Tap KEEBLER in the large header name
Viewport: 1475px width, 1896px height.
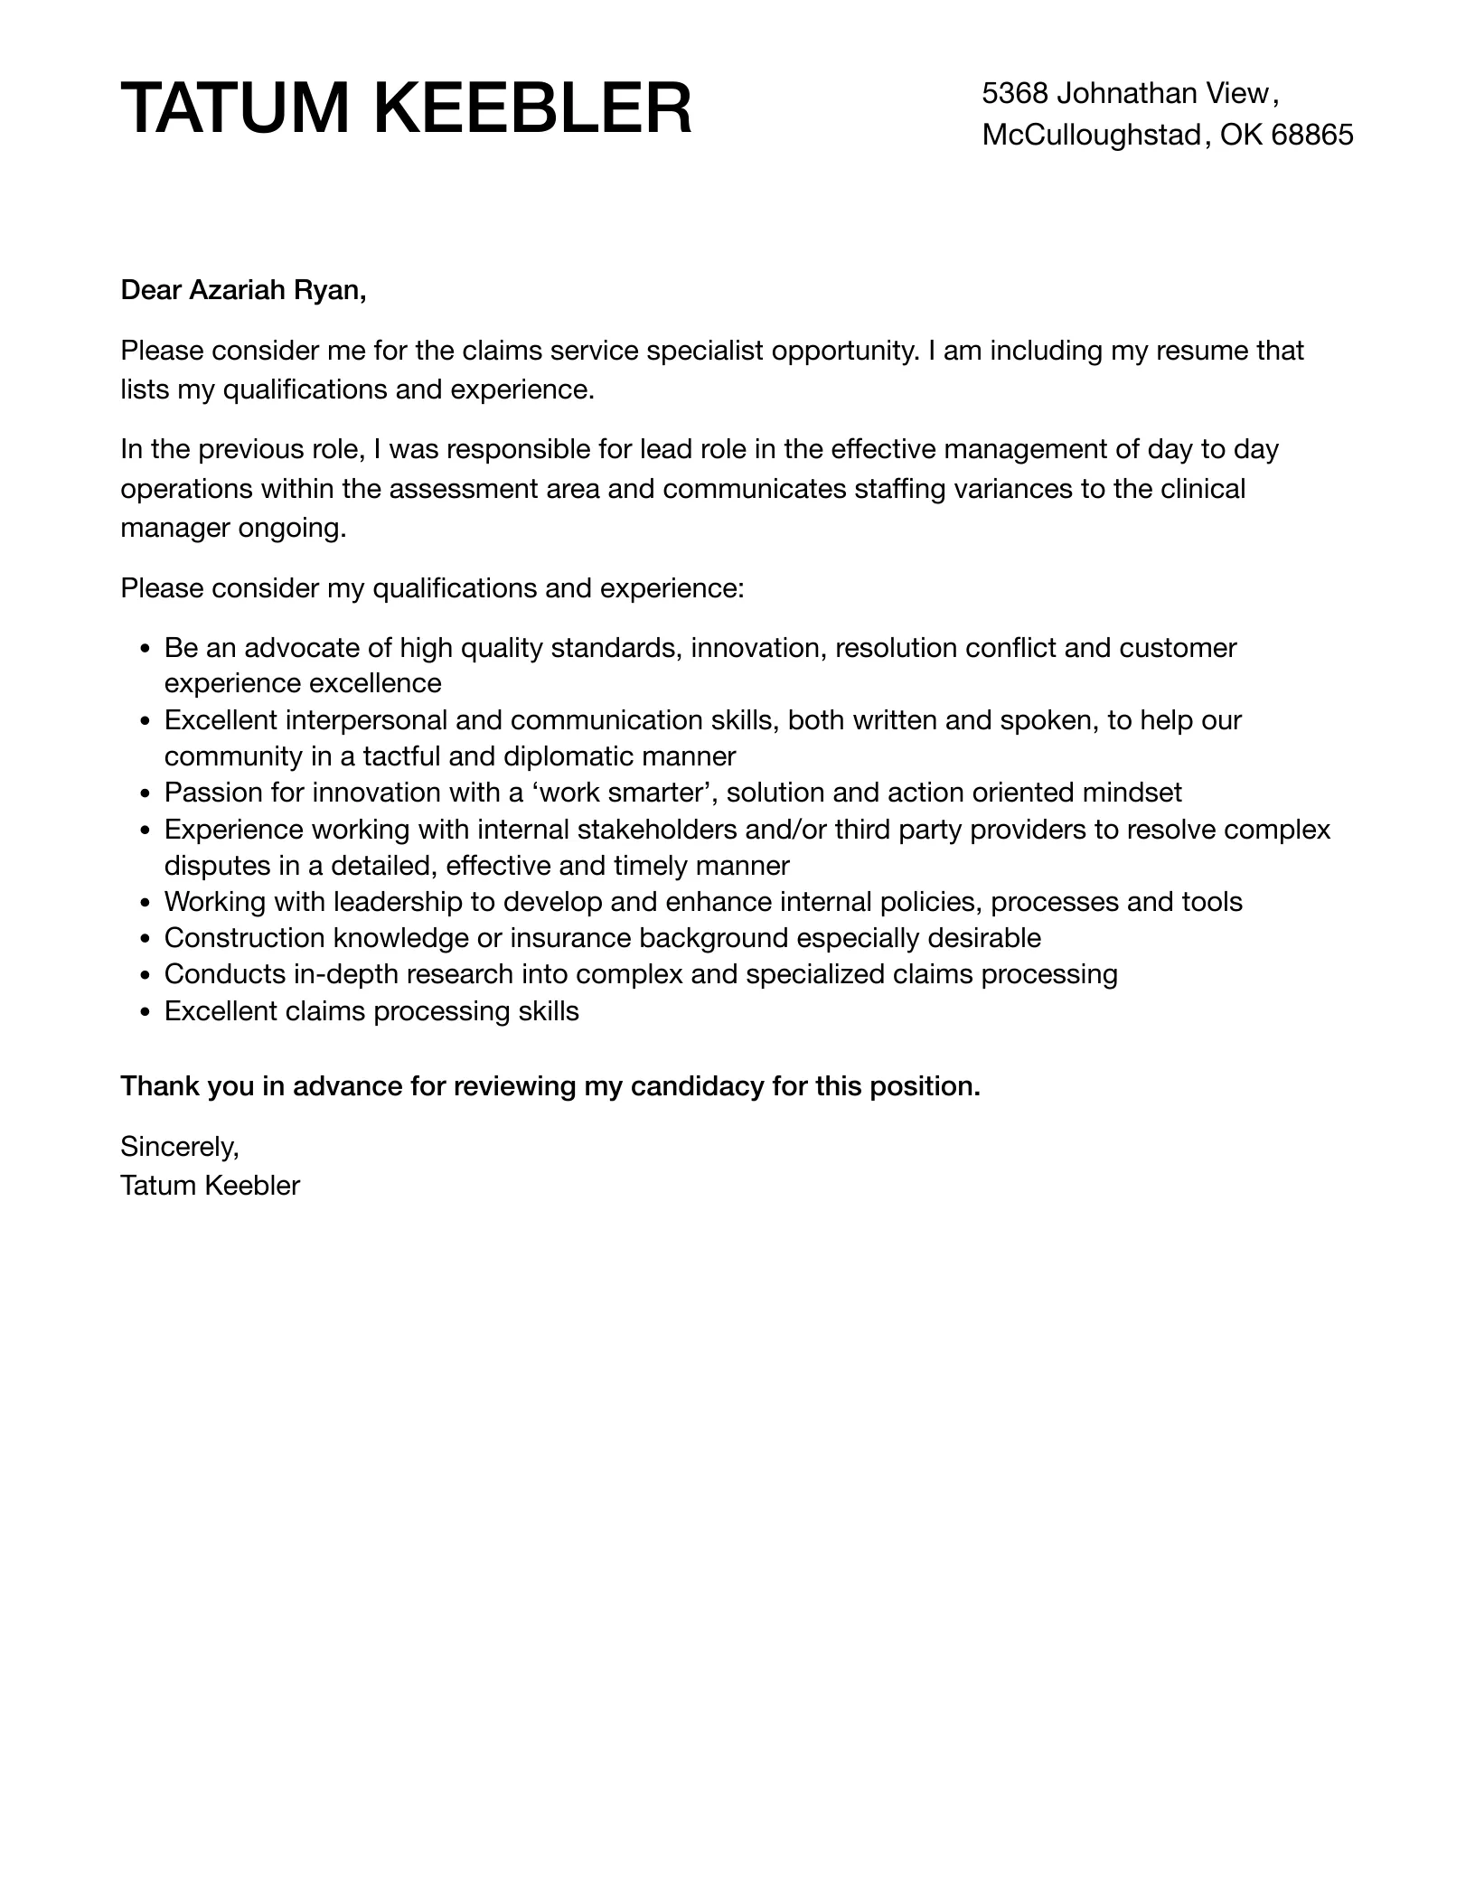click(532, 108)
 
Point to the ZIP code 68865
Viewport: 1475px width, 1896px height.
click(1311, 135)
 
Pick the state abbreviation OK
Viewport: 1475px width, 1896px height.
click(1241, 135)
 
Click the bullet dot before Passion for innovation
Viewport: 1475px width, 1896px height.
click(146, 794)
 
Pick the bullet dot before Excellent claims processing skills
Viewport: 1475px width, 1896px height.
click(146, 1012)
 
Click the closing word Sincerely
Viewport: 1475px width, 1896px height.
click(179, 1147)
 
